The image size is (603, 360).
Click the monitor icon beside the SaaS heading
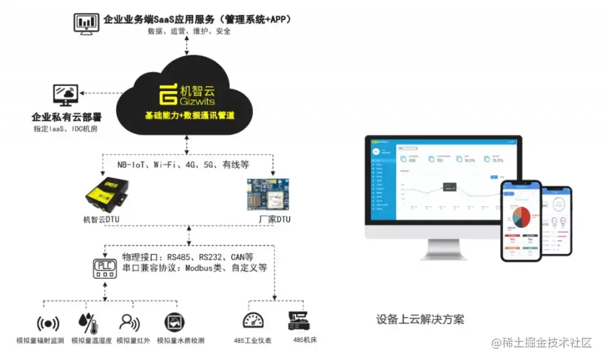pos(86,23)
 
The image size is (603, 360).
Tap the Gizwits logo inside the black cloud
pos(168,94)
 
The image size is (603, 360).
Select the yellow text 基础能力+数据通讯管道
pos(189,116)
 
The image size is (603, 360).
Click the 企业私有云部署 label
pos(67,117)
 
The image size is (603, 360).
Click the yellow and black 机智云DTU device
pos(108,192)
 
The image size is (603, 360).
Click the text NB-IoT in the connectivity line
pos(133,165)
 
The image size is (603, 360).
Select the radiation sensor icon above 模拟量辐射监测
pos(48,324)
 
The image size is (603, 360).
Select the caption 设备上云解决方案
pos(420,319)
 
